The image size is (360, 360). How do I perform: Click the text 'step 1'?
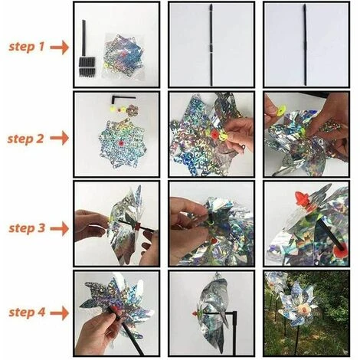[x=27, y=47]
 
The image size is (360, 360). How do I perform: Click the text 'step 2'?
[x=25, y=139]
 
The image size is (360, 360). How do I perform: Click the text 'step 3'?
[x=27, y=228]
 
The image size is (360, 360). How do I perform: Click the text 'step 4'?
[x=27, y=313]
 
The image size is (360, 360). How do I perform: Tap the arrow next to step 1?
[x=60, y=47]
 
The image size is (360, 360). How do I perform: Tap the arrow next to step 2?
[x=60, y=139]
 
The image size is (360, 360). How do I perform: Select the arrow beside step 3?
[x=60, y=228]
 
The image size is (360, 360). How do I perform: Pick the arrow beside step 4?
[x=60, y=313]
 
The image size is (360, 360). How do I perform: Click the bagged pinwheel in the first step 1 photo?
[x=123, y=56]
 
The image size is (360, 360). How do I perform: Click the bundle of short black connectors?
[x=87, y=67]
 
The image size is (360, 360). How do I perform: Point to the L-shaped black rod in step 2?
[x=123, y=98]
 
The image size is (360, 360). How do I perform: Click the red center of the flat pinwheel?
[x=120, y=143]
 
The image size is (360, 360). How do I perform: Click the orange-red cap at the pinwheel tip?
[x=301, y=198]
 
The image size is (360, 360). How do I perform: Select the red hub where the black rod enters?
[x=342, y=248]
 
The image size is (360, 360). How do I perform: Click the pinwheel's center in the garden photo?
[x=303, y=310]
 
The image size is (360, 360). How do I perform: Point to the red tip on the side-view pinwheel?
[x=195, y=313]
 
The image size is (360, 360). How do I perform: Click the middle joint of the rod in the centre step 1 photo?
[x=211, y=47]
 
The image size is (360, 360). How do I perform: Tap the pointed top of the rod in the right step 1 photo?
[x=305, y=5]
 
